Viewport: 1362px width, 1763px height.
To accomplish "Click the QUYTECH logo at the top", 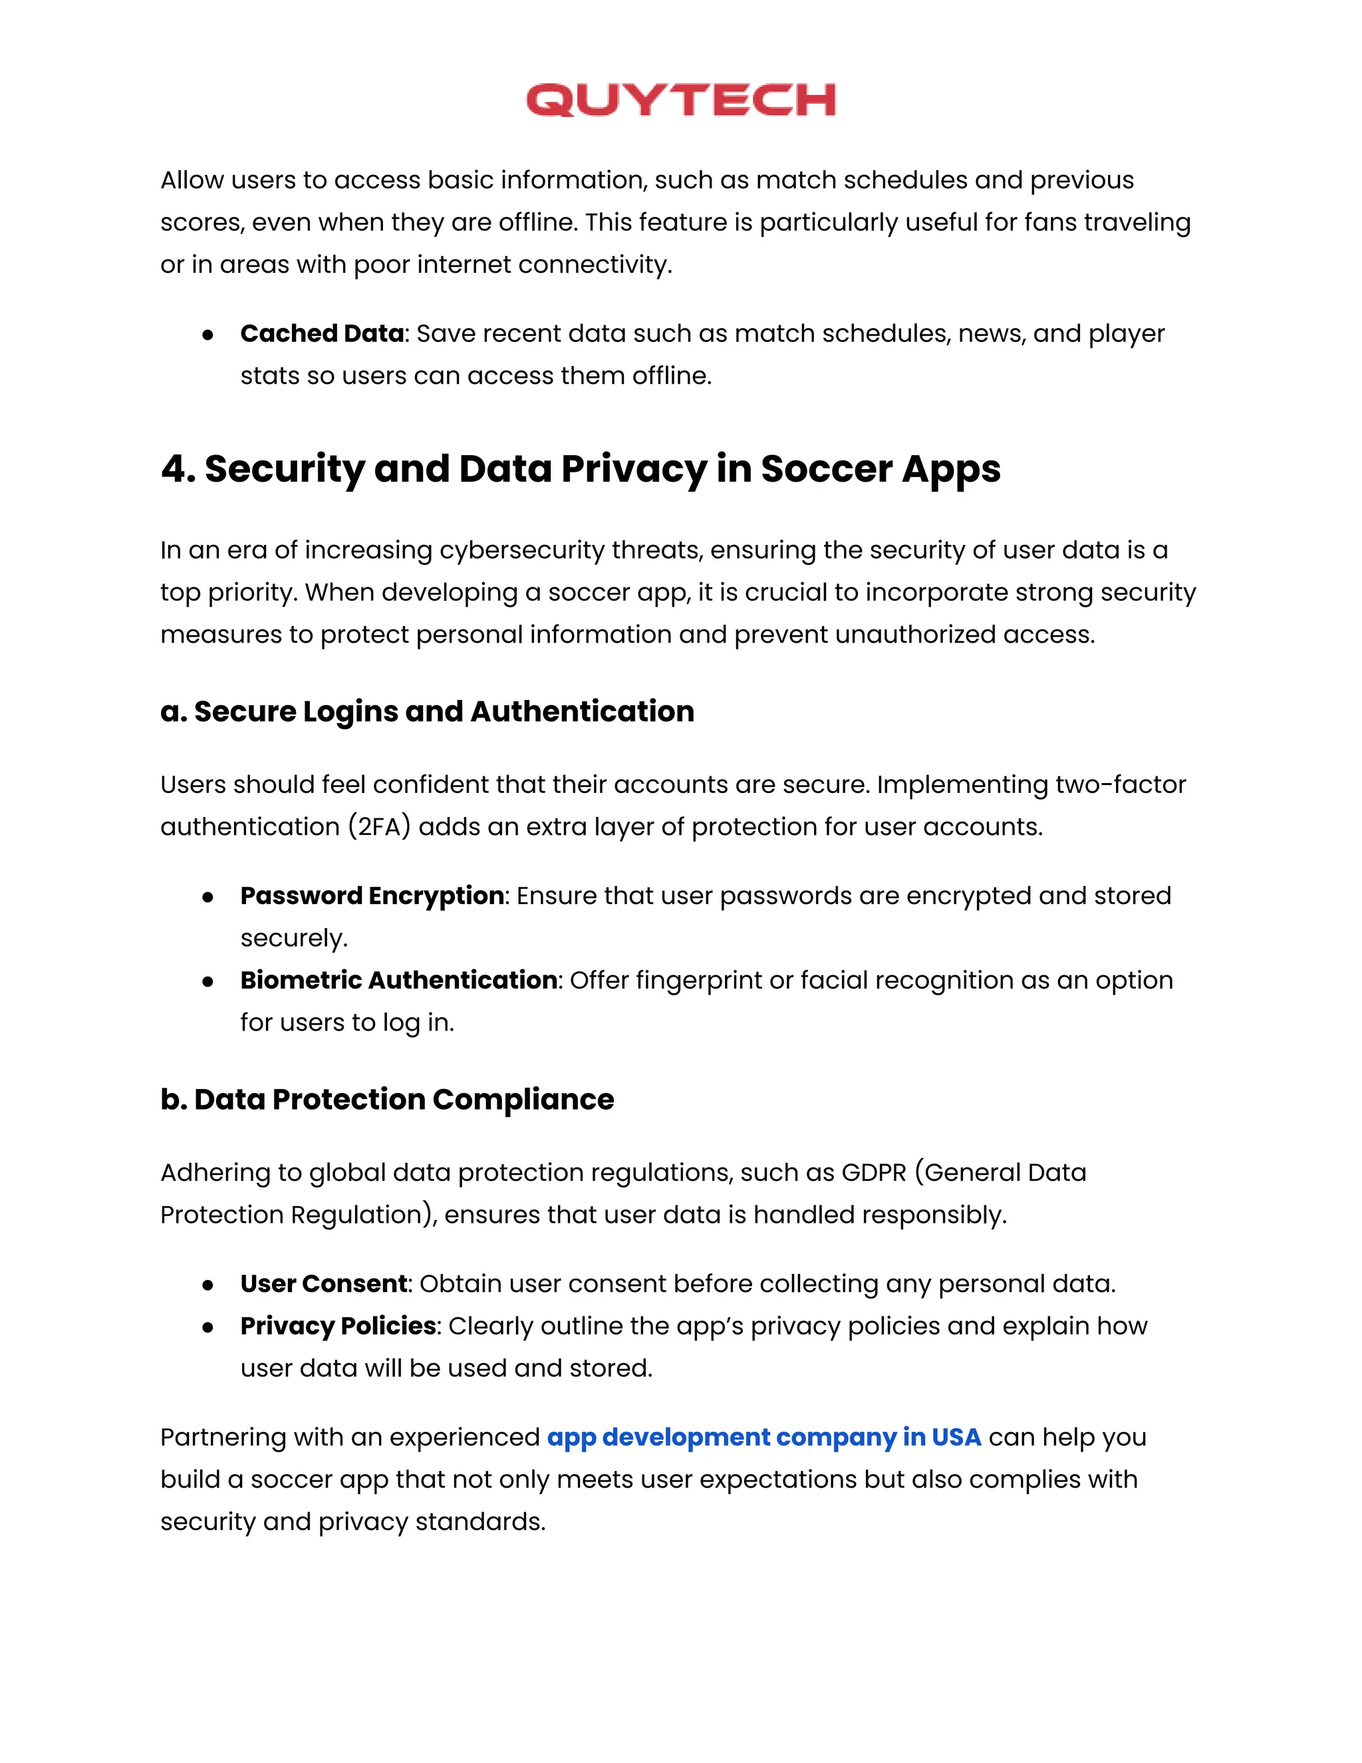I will (x=680, y=100).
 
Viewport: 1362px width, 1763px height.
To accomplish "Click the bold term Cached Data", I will (x=322, y=333).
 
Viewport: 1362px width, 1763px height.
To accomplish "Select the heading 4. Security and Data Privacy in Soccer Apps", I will (x=580, y=469).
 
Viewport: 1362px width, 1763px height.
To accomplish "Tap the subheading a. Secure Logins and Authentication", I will (x=427, y=711).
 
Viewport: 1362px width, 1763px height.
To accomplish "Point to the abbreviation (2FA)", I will (x=379, y=826).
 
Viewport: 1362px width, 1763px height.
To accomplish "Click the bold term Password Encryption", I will (x=372, y=895).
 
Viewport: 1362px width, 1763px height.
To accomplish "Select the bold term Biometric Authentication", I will (x=398, y=980).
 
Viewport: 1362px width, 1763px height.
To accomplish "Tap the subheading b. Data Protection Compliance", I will (x=386, y=1100).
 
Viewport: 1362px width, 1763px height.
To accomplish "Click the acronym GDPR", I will (x=874, y=1172).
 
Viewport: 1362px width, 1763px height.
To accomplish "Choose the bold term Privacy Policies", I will (x=338, y=1325).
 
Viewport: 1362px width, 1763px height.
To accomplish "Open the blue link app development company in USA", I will (x=763, y=1437).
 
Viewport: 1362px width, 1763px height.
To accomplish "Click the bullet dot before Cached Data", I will (x=208, y=334).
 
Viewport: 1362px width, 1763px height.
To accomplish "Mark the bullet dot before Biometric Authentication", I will (x=208, y=981).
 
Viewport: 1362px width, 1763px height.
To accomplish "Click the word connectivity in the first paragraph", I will (x=594, y=265).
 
